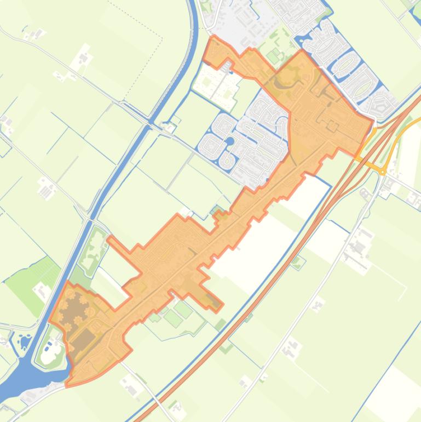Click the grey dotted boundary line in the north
click(x=148, y=27)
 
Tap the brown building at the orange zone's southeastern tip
click(x=212, y=301)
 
